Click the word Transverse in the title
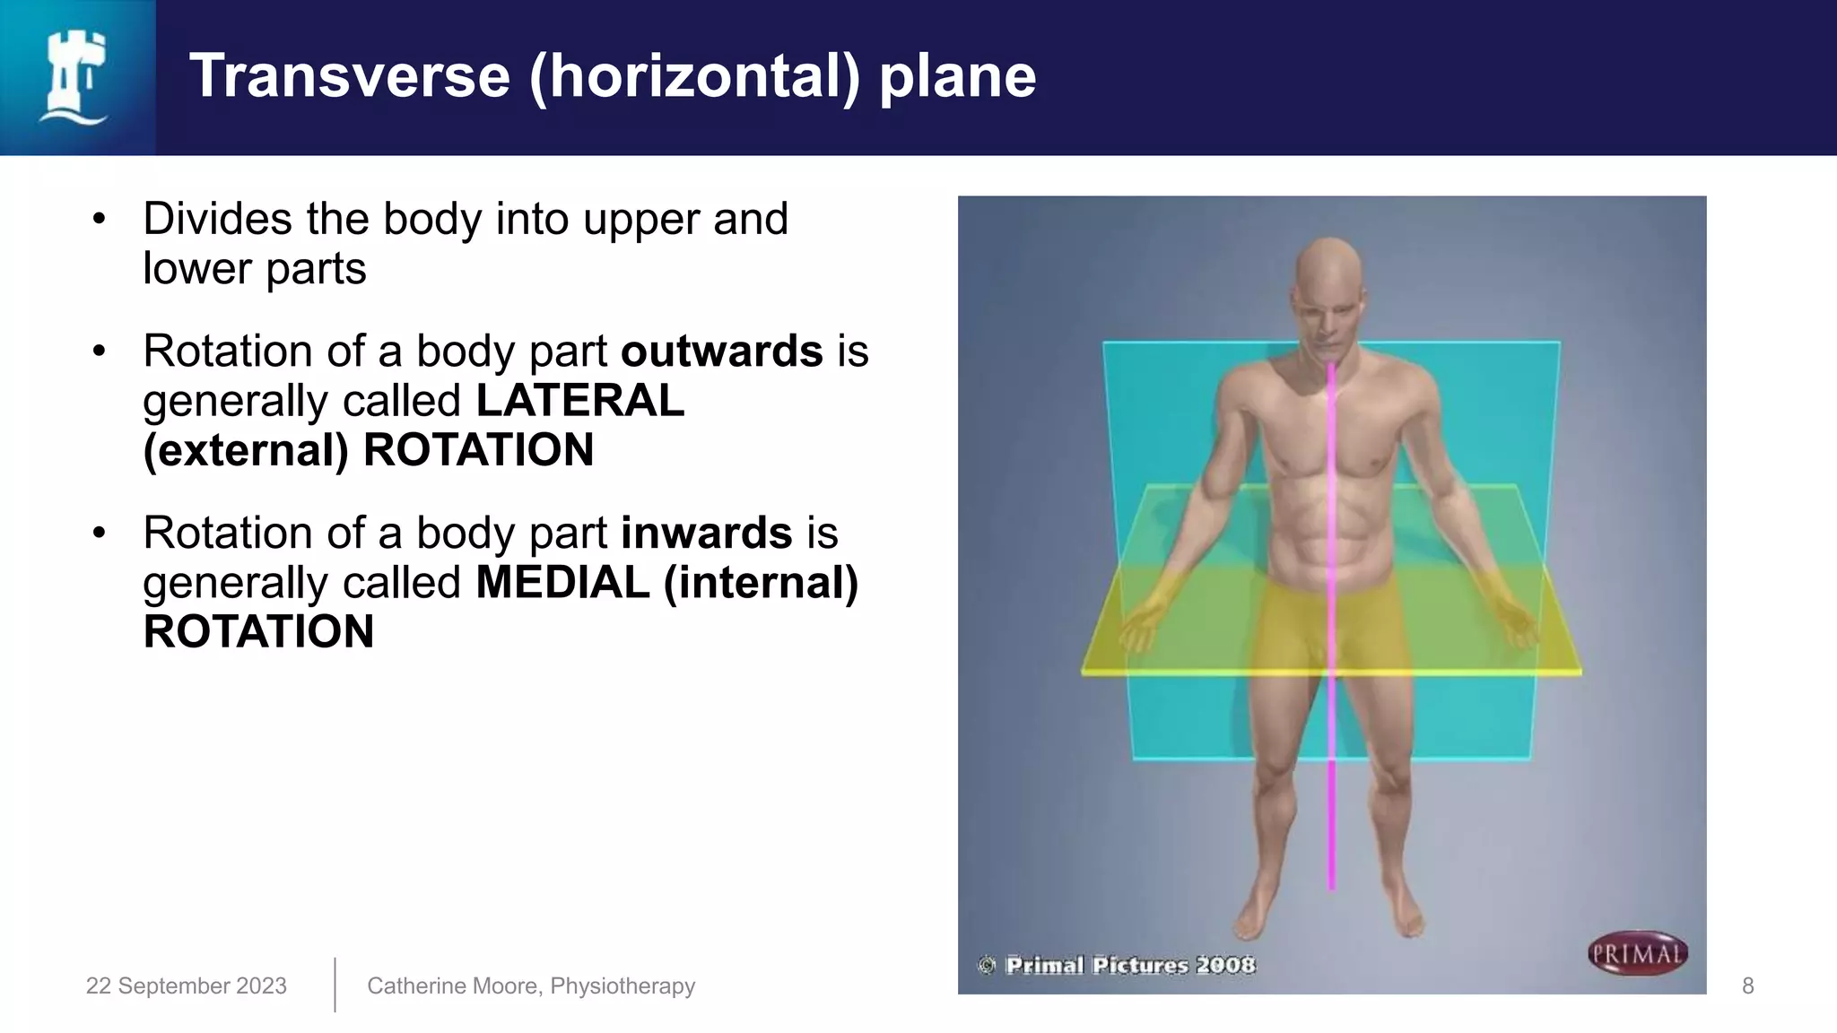tap(350, 76)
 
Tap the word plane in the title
tap(957, 76)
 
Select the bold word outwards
tap(721, 351)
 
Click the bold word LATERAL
tap(579, 400)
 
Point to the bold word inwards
tap(706, 533)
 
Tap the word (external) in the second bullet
tap(245, 450)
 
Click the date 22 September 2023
tap(186, 985)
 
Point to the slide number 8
tap(1747, 985)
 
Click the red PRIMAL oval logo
tap(1637, 954)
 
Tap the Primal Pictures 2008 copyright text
tap(1128, 965)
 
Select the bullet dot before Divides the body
tap(99, 219)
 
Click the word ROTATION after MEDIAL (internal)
tap(258, 631)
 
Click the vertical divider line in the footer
tap(335, 985)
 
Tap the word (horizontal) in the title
tap(694, 76)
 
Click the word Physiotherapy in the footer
tap(622, 985)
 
